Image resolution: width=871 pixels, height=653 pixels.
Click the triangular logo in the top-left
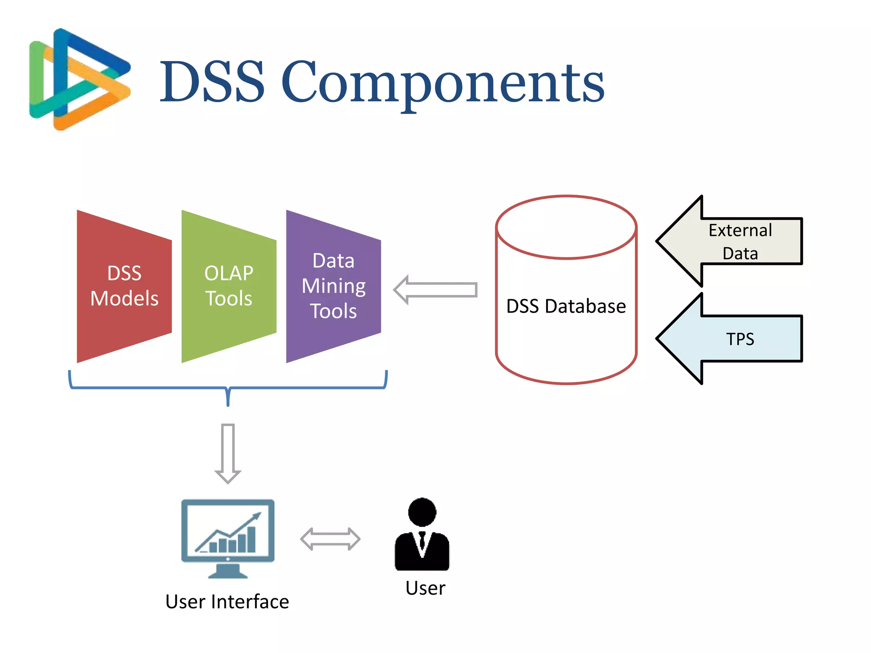coord(79,79)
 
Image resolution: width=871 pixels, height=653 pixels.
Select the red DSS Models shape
coord(124,286)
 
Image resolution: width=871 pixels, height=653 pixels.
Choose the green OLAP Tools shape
coord(228,286)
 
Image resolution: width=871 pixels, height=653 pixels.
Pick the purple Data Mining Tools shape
coord(333,286)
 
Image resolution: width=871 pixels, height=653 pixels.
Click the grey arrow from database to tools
coord(435,290)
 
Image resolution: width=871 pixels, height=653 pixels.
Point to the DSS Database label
coord(566,306)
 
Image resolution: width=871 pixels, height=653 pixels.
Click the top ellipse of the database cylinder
coord(566,227)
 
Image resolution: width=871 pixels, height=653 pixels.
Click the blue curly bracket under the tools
coord(228,388)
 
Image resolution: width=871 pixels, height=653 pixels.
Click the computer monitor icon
coord(228,531)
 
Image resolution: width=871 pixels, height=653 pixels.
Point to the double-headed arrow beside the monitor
coord(330,539)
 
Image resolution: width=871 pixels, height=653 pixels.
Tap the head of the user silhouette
coord(422,511)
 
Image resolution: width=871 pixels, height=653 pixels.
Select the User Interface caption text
coord(227,602)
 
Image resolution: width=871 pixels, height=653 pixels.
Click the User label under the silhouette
coord(425,588)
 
